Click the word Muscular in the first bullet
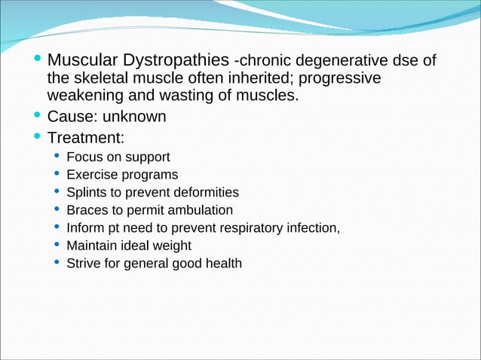tap(80, 59)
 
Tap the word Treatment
tap(85, 138)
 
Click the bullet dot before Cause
tap(38, 117)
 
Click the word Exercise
tap(89, 175)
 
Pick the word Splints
tap(85, 192)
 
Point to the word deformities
tap(208, 192)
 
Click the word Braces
tap(85, 210)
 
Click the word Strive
tap(84, 263)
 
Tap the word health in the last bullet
tap(223, 263)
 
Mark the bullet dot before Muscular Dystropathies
tap(38, 59)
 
